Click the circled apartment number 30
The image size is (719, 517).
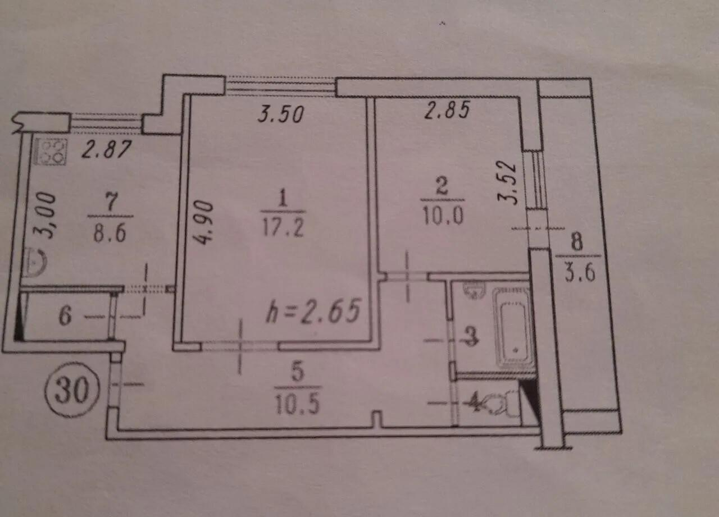coord(72,390)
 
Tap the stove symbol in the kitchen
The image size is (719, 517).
coord(51,152)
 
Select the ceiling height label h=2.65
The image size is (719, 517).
coord(313,310)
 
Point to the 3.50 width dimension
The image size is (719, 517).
coord(280,114)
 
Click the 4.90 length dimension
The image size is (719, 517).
coord(204,223)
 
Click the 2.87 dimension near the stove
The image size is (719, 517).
coord(106,149)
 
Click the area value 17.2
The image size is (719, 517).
coord(283,228)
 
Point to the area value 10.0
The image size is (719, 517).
coord(443,215)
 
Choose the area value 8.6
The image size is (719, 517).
coord(110,233)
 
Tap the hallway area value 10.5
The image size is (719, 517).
coord(298,405)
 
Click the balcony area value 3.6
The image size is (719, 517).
coord(580,273)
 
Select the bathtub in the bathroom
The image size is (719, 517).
coord(513,329)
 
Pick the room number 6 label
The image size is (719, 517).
coord(65,316)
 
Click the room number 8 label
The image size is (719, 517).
coord(577,242)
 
